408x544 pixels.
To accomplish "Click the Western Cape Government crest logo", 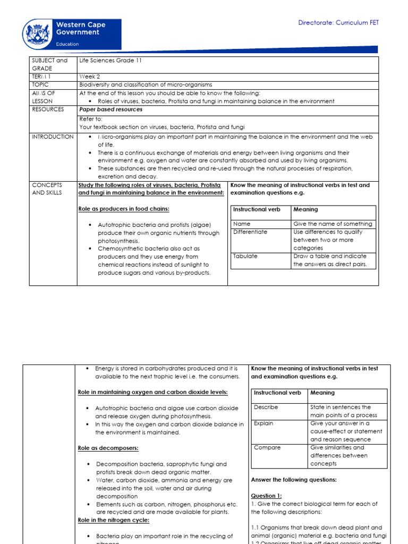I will pos(37,33).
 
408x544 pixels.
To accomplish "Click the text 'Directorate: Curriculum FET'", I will pos(338,23).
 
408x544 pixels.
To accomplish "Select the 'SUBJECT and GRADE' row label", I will pos(49,64).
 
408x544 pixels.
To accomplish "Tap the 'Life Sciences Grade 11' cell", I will pos(110,61).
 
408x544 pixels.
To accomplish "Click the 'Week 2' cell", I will pos(89,76).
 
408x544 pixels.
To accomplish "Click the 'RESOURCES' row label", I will pos(48,109).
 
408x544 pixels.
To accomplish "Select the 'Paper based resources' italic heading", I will pos(110,109).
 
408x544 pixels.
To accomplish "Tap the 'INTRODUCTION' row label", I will pos(53,137).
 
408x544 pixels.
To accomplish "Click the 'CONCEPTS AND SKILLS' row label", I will pos(47,189).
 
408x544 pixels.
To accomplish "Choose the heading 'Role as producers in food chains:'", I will pos(123,209).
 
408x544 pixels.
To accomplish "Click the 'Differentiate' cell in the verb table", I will pos(250,232).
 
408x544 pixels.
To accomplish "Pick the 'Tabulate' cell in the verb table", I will pos(245,256).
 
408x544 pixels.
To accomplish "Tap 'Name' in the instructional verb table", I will pos(242,224).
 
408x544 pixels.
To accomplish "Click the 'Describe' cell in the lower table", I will pos(266,407).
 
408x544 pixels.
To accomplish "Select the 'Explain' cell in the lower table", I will pos(264,423).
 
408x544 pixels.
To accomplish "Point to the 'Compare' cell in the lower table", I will pos(267,447).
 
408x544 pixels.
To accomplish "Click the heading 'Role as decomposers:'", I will pos(108,448).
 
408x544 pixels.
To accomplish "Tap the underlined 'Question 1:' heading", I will pos(266,496).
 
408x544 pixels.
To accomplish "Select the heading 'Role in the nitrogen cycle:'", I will pos(114,520).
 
